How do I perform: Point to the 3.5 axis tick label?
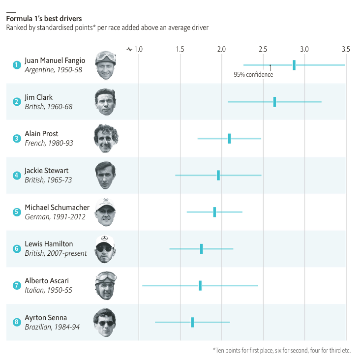tap(346, 49)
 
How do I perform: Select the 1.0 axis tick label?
tap(138, 49)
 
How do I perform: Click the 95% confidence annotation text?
tap(253, 75)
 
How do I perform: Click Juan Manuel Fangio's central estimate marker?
tap(294, 65)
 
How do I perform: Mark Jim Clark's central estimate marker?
tap(274, 102)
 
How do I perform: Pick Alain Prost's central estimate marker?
tap(229, 139)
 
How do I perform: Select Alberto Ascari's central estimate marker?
tap(200, 286)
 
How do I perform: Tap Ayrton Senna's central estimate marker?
tap(192, 322)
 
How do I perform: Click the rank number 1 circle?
tap(17, 64)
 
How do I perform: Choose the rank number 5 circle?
tap(17, 212)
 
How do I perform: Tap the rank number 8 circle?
tap(17, 323)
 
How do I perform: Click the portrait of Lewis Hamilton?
tap(105, 249)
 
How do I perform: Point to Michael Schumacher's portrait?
tap(105, 212)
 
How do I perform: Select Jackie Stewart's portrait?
tap(105, 175)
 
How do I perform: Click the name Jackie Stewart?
tap(47, 171)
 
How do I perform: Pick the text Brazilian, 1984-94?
tap(52, 327)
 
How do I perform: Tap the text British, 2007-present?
tap(56, 253)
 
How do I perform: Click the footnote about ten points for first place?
tap(282, 350)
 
